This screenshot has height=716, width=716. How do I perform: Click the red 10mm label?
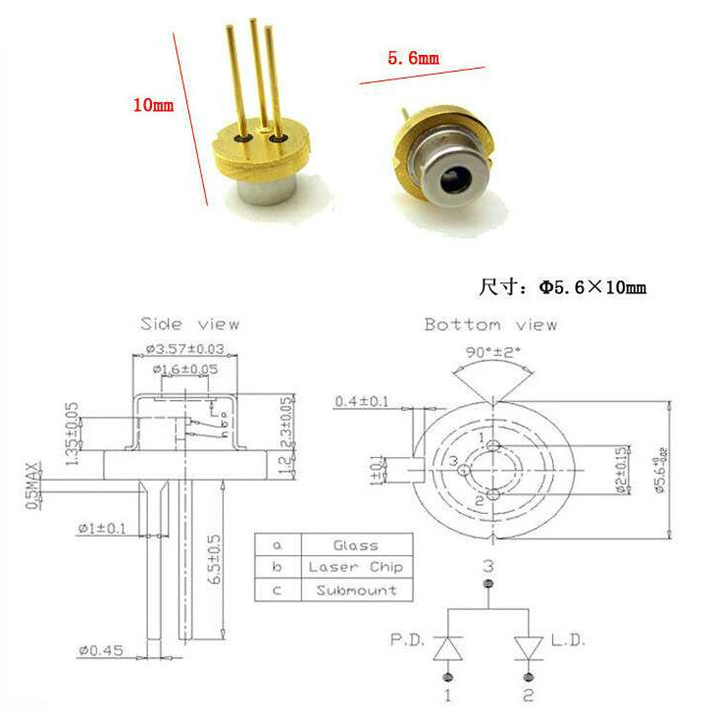[x=153, y=105]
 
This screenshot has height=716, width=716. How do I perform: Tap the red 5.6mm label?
[x=413, y=58]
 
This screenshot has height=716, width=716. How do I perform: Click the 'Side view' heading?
[x=189, y=324]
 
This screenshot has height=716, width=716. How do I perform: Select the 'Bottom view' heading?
[x=490, y=324]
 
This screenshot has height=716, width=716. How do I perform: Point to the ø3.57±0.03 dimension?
[x=185, y=349]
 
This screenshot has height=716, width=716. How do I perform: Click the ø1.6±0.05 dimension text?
[x=185, y=369]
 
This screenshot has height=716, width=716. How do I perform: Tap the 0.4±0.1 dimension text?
[x=361, y=402]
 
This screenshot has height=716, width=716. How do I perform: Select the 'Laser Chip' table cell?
[x=356, y=567]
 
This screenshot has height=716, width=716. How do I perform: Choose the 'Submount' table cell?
[x=356, y=591]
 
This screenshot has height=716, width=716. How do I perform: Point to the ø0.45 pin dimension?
[x=101, y=650]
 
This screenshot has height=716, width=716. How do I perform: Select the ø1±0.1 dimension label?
[x=102, y=528]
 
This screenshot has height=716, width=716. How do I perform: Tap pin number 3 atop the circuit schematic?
[x=488, y=566]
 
